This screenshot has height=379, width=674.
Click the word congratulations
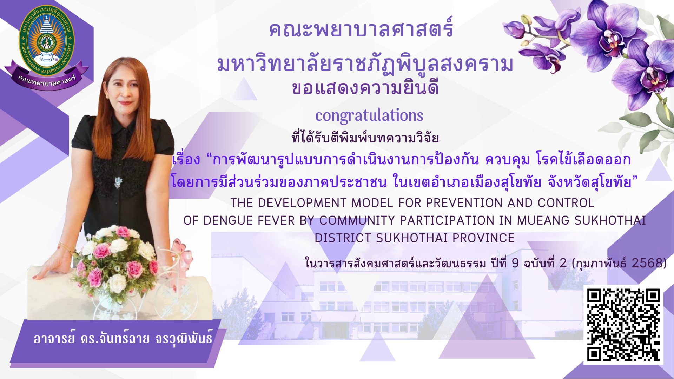pos(369,115)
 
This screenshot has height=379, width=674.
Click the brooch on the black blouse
pos(118,182)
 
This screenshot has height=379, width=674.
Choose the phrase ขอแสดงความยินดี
pos(365,88)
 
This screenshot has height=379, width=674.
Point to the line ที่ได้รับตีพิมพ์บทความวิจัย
pos(365,138)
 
